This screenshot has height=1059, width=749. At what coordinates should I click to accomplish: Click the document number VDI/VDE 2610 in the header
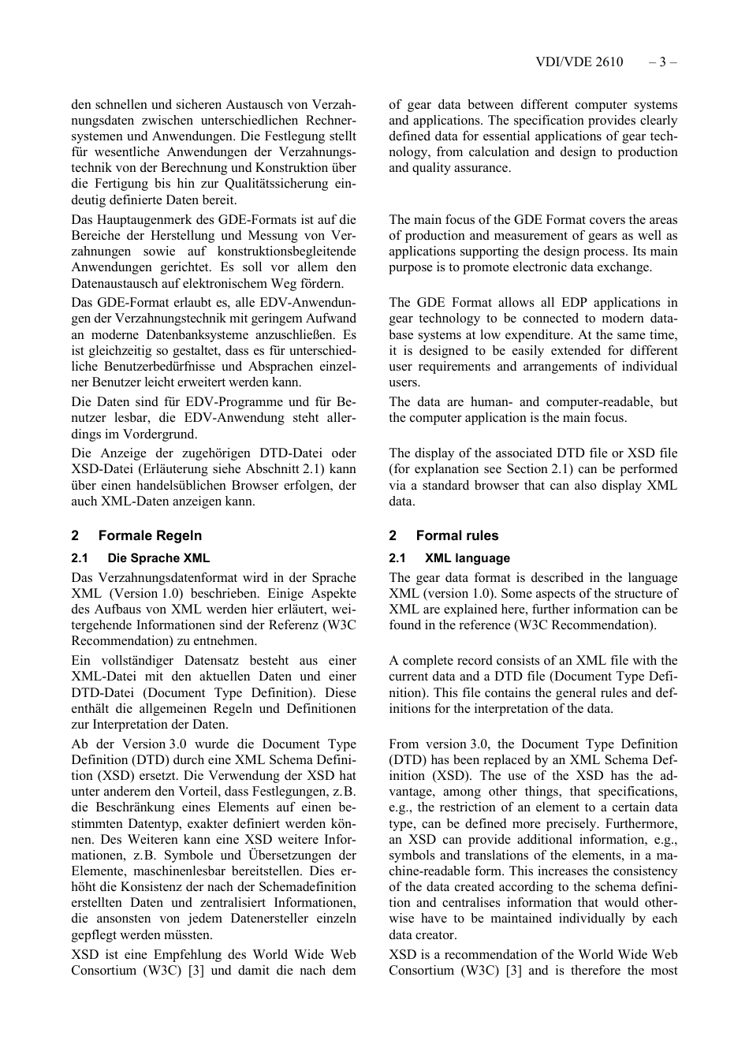pyautogui.click(x=579, y=62)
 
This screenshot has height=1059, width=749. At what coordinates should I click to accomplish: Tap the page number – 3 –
pyautogui.click(x=663, y=62)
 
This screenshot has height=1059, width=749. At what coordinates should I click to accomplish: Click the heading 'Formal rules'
pyautogui.click(x=457, y=535)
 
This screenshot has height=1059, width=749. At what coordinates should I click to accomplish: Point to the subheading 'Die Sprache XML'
pyautogui.click(x=158, y=558)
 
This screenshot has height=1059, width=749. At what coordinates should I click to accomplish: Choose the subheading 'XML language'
pyautogui.click(x=468, y=558)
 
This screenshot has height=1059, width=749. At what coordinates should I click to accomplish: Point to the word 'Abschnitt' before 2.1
pyautogui.click(x=272, y=469)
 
